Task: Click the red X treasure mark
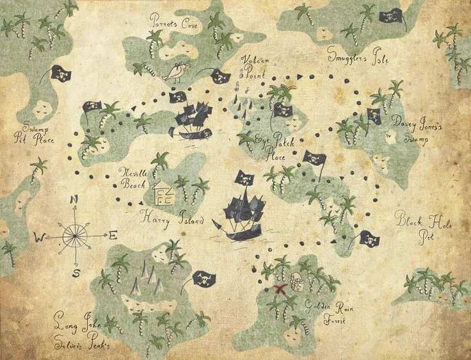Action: click(x=280, y=290)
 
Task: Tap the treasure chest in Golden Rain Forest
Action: click(x=296, y=281)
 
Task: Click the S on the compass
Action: click(x=76, y=273)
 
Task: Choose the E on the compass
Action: click(x=113, y=235)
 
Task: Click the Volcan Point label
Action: click(x=255, y=65)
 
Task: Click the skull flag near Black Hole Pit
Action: click(x=369, y=239)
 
